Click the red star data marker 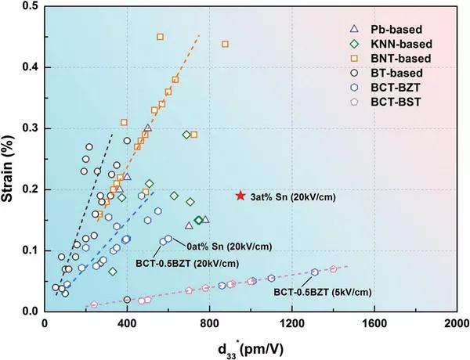point(240,195)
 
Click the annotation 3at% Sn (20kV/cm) point(294,196)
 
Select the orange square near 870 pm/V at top point(225,44)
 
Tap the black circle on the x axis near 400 point(127,300)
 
